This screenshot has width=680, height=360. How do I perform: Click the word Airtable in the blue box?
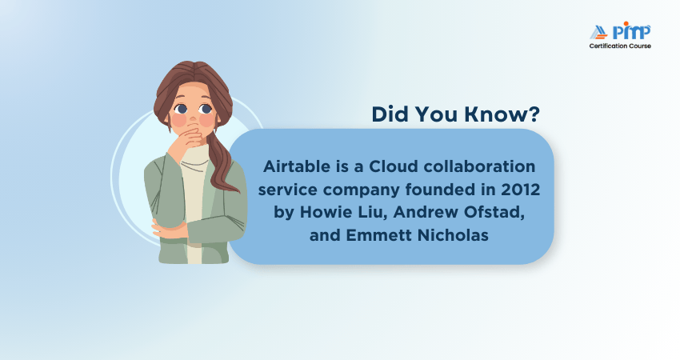(x=292, y=167)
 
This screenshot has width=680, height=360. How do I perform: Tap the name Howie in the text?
(x=316, y=214)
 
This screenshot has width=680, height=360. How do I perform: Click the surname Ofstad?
(x=490, y=214)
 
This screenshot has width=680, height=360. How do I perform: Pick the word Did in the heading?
(x=390, y=114)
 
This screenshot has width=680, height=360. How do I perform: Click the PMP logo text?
(x=631, y=32)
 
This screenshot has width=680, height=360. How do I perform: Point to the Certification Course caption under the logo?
(x=620, y=46)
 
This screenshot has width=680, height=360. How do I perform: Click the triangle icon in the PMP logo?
(x=598, y=33)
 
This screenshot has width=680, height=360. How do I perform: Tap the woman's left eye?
(x=207, y=107)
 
